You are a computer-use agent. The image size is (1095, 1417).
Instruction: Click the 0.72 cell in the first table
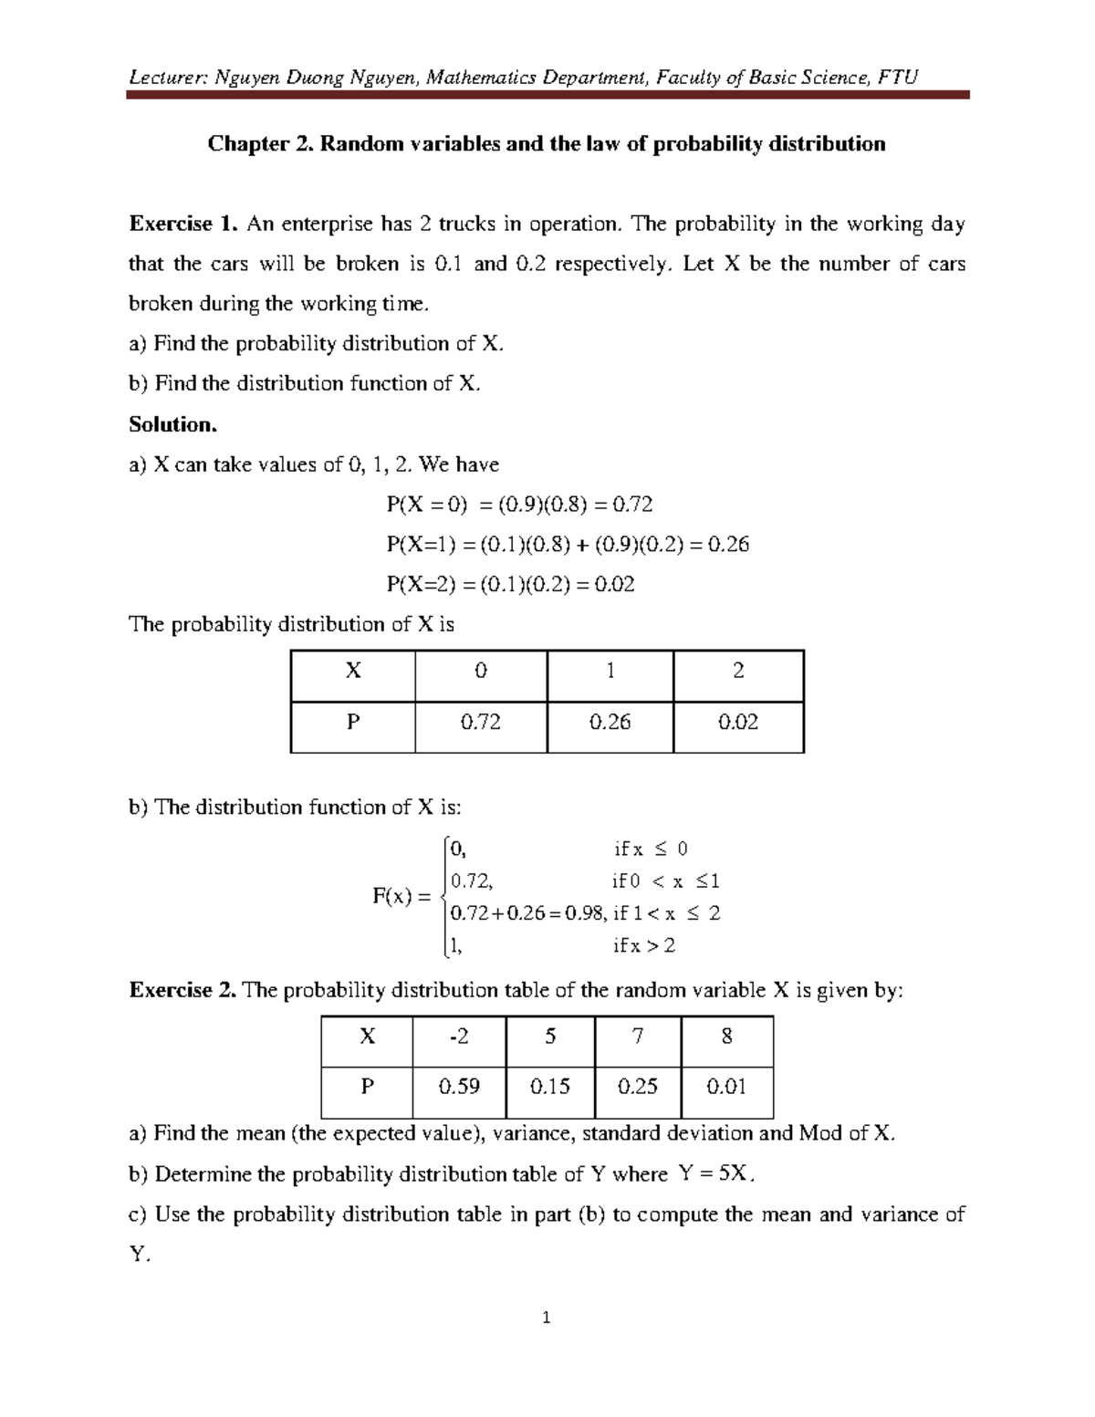pyautogui.click(x=480, y=723)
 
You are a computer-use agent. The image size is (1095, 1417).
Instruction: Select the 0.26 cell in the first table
pyautogui.click(x=610, y=723)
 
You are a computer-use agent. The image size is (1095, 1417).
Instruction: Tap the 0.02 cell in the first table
pyautogui.click(x=738, y=723)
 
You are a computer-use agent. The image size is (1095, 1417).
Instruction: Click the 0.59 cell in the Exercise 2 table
pyautogui.click(x=459, y=1087)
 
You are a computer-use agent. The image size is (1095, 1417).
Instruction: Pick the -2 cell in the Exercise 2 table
pyautogui.click(x=459, y=1037)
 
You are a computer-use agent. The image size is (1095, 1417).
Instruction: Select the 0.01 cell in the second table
pyautogui.click(x=726, y=1087)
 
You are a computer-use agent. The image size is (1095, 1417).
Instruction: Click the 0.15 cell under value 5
pyautogui.click(x=549, y=1087)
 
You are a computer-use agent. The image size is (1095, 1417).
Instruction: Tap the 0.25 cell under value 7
pyautogui.click(x=638, y=1087)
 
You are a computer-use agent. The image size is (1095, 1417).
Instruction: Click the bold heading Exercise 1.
pyautogui.click(x=183, y=224)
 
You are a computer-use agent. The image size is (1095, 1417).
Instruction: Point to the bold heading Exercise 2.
pyautogui.click(x=183, y=991)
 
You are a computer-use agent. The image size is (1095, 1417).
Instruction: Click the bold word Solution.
pyautogui.click(x=173, y=424)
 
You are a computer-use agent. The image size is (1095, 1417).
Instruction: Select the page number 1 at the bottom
pyautogui.click(x=547, y=1318)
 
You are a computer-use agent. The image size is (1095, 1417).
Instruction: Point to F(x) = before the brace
pyautogui.click(x=401, y=897)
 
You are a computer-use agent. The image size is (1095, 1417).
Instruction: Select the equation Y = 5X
pyautogui.click(x=717, y=1174)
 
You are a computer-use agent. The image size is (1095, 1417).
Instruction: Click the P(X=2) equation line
pyautogui.click(x=510, y=585)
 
